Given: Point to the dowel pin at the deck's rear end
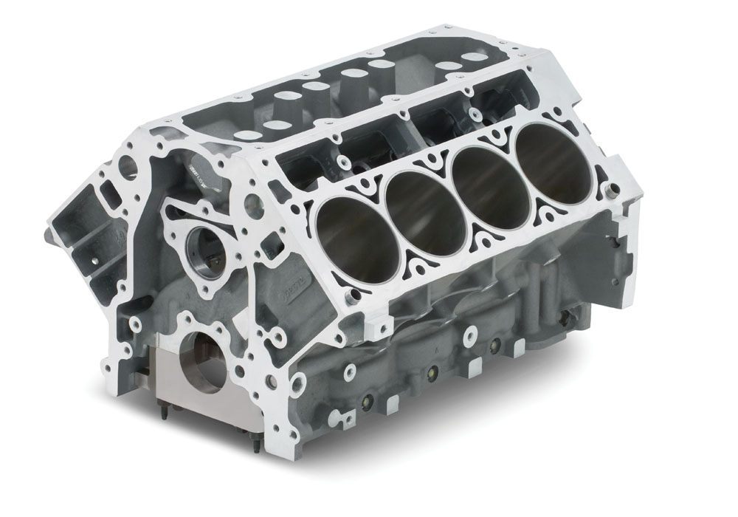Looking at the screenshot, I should point(610,191).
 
